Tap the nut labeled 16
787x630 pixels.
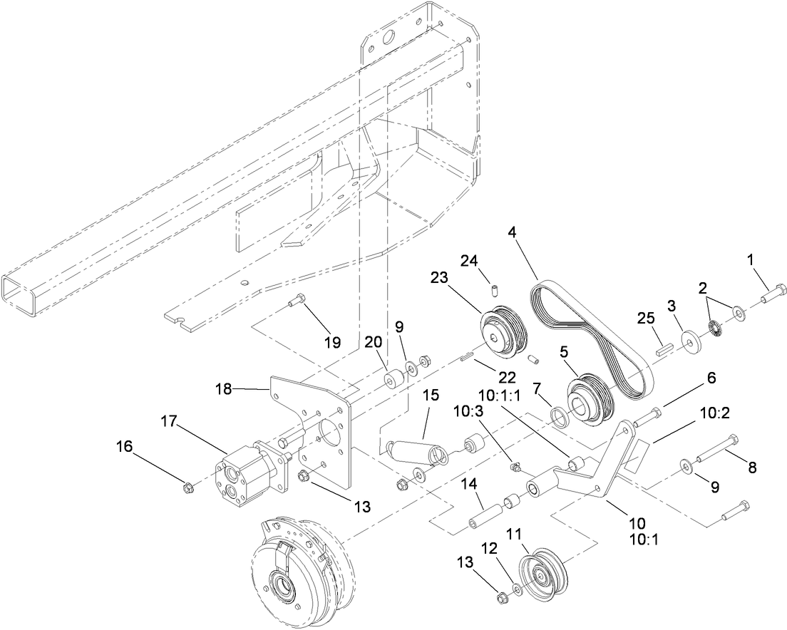tap(188, 487)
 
